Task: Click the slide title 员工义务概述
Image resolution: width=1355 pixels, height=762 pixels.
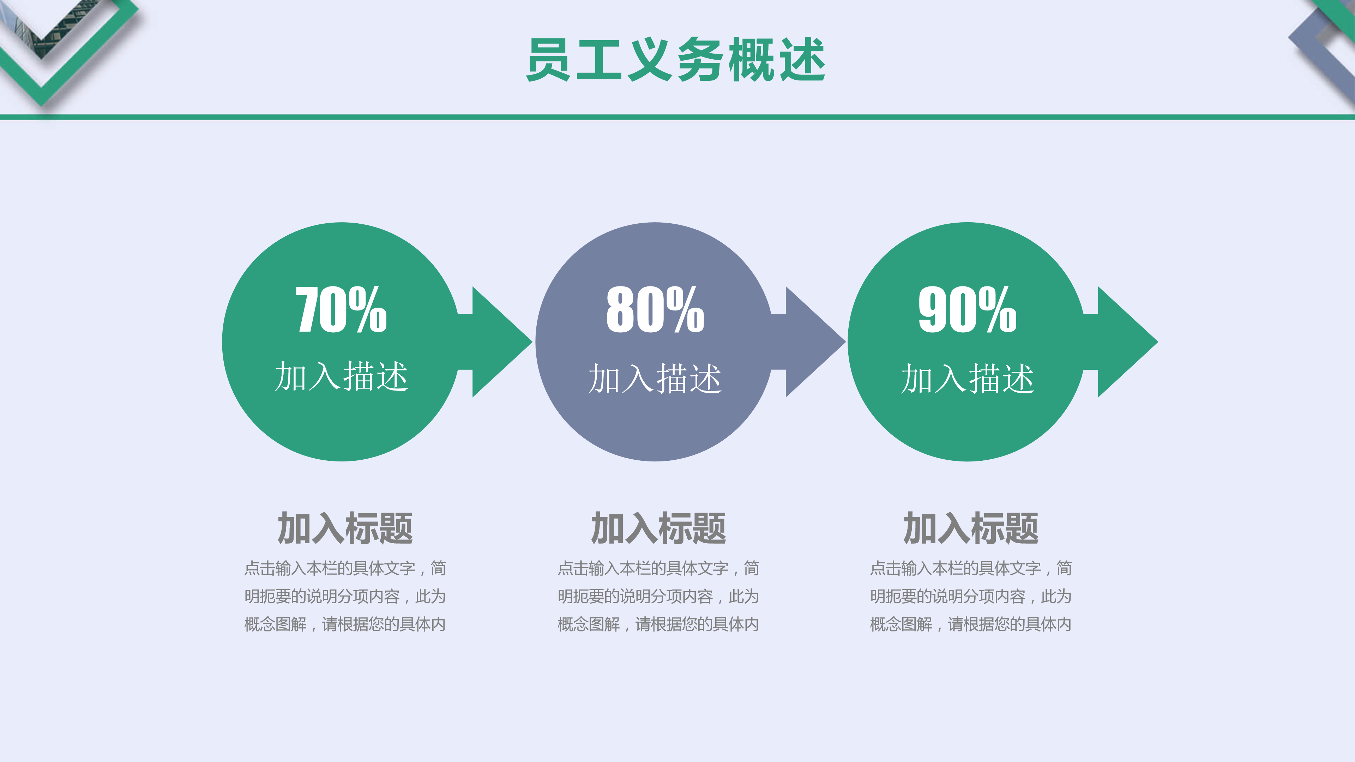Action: (676, 59)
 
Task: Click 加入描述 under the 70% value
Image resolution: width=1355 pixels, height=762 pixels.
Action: (341, 376)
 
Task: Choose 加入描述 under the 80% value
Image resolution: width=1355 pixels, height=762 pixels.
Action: (655, 379)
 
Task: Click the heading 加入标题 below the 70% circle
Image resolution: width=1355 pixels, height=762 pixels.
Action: (345, 528)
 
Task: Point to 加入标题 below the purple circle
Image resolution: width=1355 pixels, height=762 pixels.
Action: (658, 528)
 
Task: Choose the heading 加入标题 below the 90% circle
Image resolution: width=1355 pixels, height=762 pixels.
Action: (971, 528)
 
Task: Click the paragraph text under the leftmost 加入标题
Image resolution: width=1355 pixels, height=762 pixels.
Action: (345, 596)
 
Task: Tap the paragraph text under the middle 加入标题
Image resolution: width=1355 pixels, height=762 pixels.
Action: (658, 596)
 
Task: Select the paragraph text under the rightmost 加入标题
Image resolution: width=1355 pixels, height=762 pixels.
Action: (971, 596)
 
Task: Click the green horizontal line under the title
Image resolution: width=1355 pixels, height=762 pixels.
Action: (677, 117)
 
